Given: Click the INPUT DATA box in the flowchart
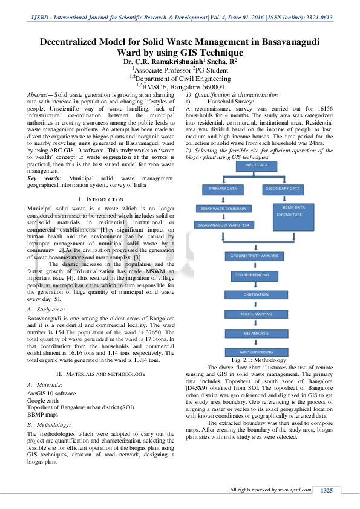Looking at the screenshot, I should pos(256,164).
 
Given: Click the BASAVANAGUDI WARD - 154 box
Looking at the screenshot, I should pos(221,225).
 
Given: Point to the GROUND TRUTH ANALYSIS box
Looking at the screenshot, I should pos(255,256).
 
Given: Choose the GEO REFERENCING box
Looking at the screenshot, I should pos(255,275).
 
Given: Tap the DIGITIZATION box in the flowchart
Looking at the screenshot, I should pos(255,294).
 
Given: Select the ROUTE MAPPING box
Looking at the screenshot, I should pos(255,314).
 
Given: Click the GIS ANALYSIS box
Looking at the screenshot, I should pos(255,333).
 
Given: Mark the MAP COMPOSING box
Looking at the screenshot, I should pos(255,352).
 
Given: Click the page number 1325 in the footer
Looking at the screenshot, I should pos(327,490).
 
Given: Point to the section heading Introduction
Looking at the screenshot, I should pos(101,199).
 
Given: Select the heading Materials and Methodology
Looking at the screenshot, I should pos(101,375).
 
